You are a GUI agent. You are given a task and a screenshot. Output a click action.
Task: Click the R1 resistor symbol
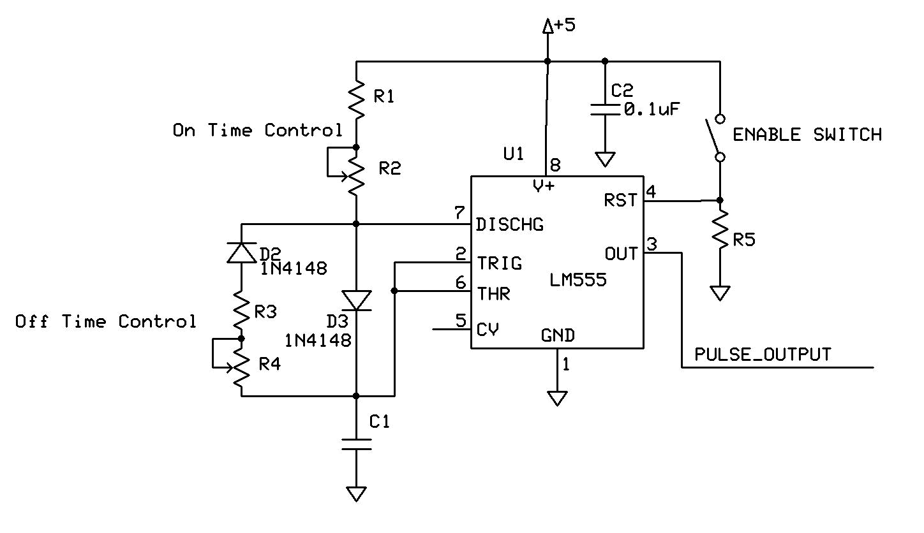(x=356, y=99)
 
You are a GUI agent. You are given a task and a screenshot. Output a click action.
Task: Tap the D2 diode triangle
(x=241, y=253)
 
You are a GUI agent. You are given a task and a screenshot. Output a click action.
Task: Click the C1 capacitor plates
(x=356, y=444)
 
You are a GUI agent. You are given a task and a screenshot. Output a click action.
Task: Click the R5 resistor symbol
(x=720, y=233)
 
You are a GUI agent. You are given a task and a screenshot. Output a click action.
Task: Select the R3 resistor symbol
(x=241, y=309)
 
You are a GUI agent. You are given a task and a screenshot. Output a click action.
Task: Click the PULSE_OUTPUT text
(x=763, y=354)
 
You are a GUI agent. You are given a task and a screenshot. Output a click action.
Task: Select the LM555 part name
(x=577, y=279)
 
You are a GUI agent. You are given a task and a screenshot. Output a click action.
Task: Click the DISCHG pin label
(x=509, y=224)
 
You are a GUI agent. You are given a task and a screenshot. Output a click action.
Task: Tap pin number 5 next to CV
(x=461, y=320)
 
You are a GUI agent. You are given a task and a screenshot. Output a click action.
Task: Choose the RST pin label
(x=620, y=200)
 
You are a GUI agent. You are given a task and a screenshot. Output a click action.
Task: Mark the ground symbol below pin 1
(x=558, y=398)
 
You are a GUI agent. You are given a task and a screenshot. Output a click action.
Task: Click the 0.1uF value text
(x=651, y=110)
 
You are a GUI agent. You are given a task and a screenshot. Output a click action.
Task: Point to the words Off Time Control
(x=106, y=321)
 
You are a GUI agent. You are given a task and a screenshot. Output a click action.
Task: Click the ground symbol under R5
(x=720, y=294)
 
